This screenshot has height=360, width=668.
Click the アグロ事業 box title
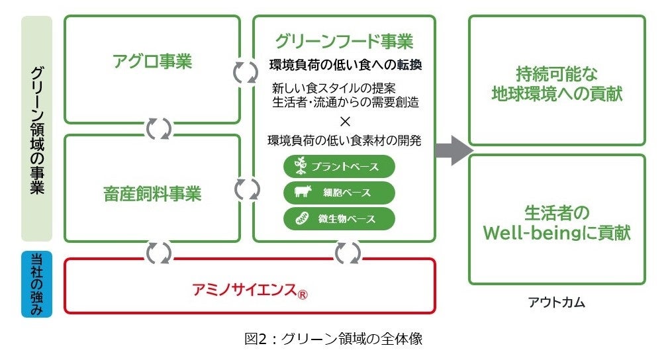click(x=152, y=62)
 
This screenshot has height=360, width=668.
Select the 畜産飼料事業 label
click(x=152, y=194)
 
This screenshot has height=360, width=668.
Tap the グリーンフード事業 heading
click(x=344, y=41)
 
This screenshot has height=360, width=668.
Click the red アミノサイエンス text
click(x=244, y=290)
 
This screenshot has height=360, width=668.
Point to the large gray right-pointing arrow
click(x=454, y=150)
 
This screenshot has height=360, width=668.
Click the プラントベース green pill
click(x=339, y=167)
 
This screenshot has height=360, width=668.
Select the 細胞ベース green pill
click(x=339, y=193)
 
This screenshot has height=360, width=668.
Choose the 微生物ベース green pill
click(x=339, y=219)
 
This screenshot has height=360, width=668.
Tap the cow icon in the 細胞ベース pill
click(x=303, y=192)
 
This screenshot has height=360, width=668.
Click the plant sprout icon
click(x=301, y=165)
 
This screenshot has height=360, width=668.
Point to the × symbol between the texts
click(x=345, y=122)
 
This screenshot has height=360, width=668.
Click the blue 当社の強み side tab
click(x=36, y=284)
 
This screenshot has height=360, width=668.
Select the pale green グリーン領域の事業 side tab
click(x=36, y=128)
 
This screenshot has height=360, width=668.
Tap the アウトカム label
click(x=556, y=302)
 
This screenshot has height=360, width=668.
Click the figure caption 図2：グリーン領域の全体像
click(x=334, y=339)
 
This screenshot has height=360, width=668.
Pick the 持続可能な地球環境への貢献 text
click(x=557, y=84)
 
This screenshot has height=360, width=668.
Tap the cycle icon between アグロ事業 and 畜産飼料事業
click(x=158, y=128)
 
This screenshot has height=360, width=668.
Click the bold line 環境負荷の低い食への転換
click(x=346, y=65)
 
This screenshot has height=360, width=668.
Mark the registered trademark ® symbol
click(x=302, y=294)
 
